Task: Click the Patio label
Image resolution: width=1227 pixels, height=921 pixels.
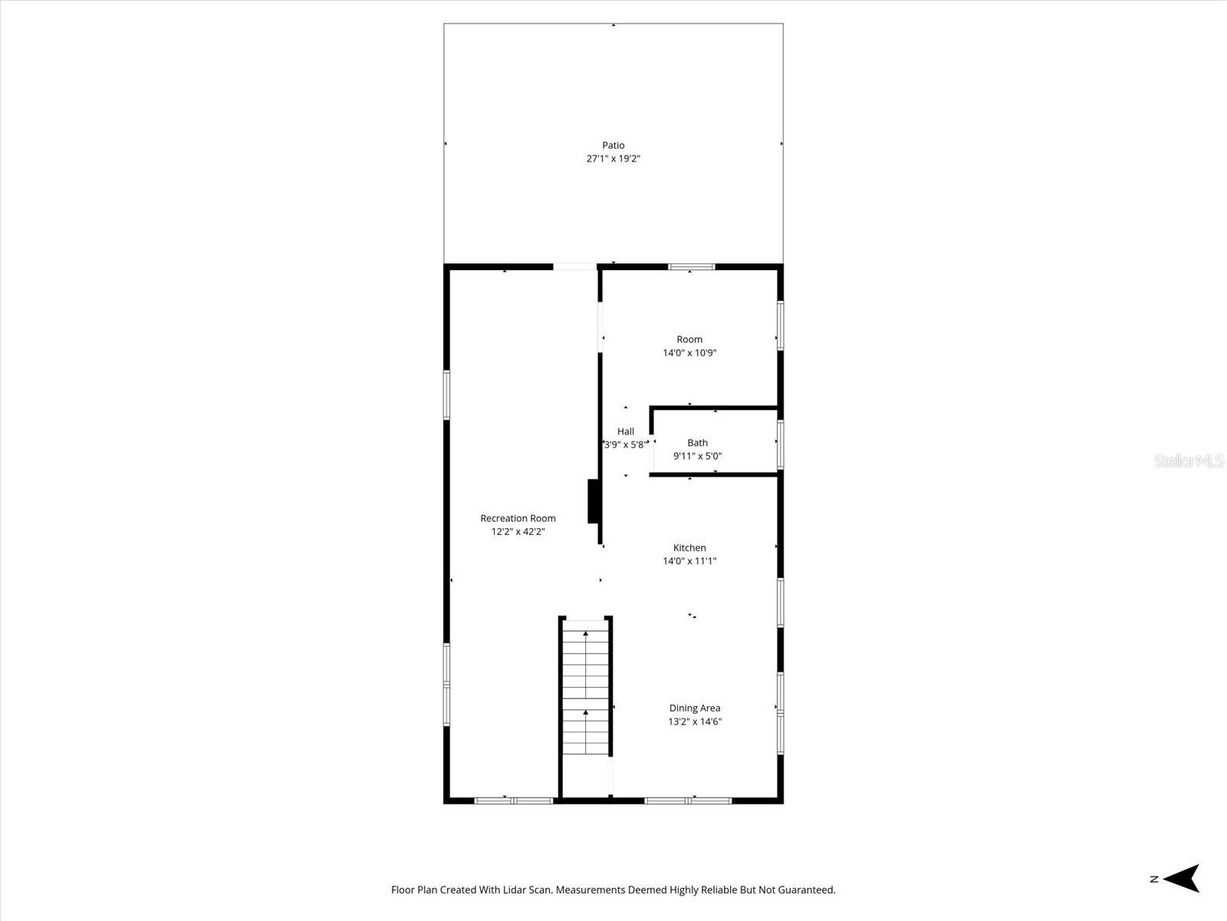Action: click(x=613, y=145)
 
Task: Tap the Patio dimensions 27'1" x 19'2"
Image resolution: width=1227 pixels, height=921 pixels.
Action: click(x=613, y=159)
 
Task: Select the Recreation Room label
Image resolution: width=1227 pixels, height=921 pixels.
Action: click(x=518, y=518)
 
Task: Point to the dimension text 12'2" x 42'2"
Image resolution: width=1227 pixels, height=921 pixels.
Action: click(x=518, y=531)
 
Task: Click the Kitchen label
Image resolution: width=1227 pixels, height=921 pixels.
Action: click(x=689, y=547)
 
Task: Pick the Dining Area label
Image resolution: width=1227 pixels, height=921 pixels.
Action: click(x=694, y=708)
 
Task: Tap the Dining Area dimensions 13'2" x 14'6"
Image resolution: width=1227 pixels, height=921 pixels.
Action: click(x=694, y=721)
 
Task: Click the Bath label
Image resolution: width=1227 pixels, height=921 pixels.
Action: click(x=697, y=443)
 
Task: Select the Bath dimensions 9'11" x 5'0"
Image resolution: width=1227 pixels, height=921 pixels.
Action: click(x=697, y=456)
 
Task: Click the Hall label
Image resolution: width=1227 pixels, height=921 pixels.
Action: click(x=626, y=431)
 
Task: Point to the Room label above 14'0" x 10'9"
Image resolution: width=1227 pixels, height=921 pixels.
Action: click(x=689, y=339)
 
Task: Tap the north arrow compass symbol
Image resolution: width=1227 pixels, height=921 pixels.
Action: click(x=1183, y=879)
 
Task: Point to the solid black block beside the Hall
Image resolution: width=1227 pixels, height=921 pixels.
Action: click(x=593, y=501)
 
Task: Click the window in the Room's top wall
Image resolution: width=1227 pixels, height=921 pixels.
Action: click(x=691, y=267)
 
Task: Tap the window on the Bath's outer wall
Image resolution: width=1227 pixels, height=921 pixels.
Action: click(x=780, y=444)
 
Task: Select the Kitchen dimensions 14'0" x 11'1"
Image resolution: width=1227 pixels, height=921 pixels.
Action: click(x=689, y=561)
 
